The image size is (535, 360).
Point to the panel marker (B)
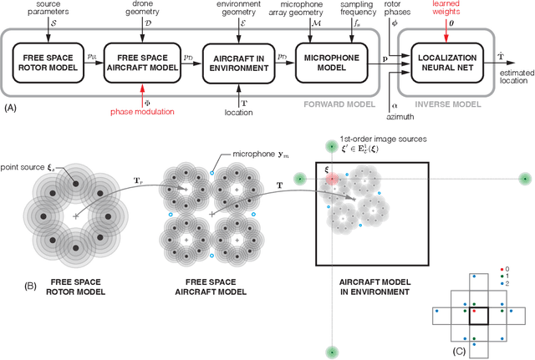pyautogui.click(x=32, y=284)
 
